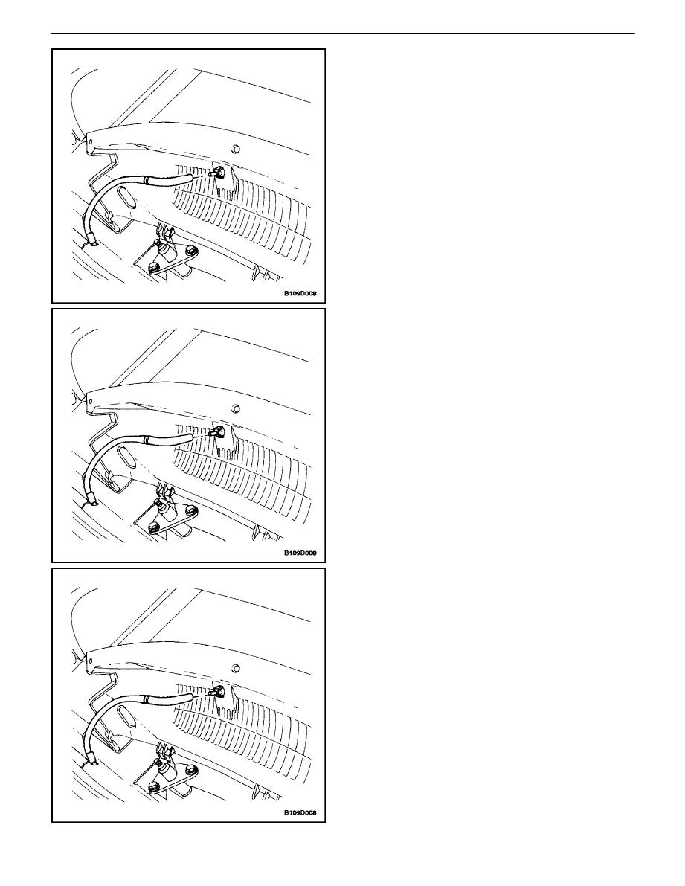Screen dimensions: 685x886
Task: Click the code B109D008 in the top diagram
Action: [300, 294]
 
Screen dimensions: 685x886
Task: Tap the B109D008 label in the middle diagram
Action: [300, 553]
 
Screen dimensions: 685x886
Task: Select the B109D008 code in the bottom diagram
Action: [300, 813]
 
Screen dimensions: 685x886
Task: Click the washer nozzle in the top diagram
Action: [217, 172]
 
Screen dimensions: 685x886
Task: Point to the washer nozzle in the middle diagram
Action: [217, 431]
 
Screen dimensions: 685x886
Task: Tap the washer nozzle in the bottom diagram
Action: [217, 691]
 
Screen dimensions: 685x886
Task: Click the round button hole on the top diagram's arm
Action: [236, 150]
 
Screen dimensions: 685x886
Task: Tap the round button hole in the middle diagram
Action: [236, 408]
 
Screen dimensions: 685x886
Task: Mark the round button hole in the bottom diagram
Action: [236, 669]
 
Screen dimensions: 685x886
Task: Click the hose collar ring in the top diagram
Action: [147, 180]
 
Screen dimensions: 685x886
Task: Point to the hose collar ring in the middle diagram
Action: [147, 440]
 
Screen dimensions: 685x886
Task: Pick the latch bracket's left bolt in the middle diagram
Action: [152, 527]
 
